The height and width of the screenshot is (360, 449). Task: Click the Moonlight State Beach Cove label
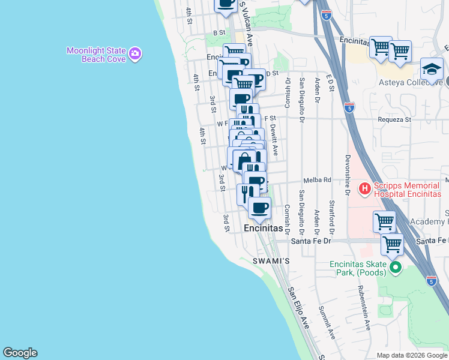[x=96, y=55]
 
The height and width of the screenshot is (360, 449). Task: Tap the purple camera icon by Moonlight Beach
[x=135, y=54]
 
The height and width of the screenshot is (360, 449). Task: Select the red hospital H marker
[x=364, y=190]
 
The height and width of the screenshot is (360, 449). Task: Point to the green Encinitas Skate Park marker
[x=394, y=267]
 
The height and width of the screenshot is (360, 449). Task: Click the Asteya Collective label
[x=411, y=83]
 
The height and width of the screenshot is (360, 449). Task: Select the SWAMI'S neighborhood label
[x=271, y=262]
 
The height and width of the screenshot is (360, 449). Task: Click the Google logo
[x=20, y=353]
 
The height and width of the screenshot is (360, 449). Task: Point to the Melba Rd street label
[x=318, y=180]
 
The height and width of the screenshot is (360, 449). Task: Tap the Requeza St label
[x=394, y=119]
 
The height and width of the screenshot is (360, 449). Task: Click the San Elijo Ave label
[x=298, y=307]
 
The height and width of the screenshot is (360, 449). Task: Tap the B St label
[x=218, y=32]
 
